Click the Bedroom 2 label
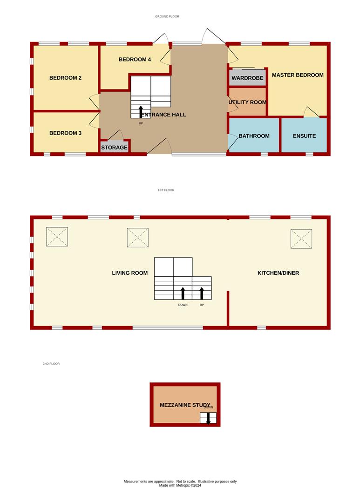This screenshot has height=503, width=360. click(66, 78)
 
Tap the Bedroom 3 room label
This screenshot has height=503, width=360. click(66, 133)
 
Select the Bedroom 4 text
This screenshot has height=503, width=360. click(135, 59)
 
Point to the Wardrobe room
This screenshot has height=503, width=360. click(247, 78)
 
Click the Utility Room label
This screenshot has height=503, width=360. click(247, 102)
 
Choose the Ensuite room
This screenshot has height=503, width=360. click(304, 135)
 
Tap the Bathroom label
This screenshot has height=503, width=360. click(254, 136)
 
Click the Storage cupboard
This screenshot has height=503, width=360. click(114, 146)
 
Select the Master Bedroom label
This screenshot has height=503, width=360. click(298, 75)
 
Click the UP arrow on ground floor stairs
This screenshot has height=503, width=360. click(141, 112)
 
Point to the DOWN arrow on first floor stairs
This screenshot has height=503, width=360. click(183, 293)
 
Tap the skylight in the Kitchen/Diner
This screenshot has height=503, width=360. click(301, 238)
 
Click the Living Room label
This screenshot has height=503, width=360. click(130, 273)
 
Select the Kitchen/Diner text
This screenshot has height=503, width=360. click(278, 273)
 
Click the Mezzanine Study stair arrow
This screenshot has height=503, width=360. click(208, 419)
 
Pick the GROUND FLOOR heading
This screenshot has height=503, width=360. click(167, 16)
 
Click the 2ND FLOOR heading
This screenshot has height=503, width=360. click(51, 363)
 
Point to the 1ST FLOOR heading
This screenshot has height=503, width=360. click(166, 190)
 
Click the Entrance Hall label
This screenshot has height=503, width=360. click(163, 115)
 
